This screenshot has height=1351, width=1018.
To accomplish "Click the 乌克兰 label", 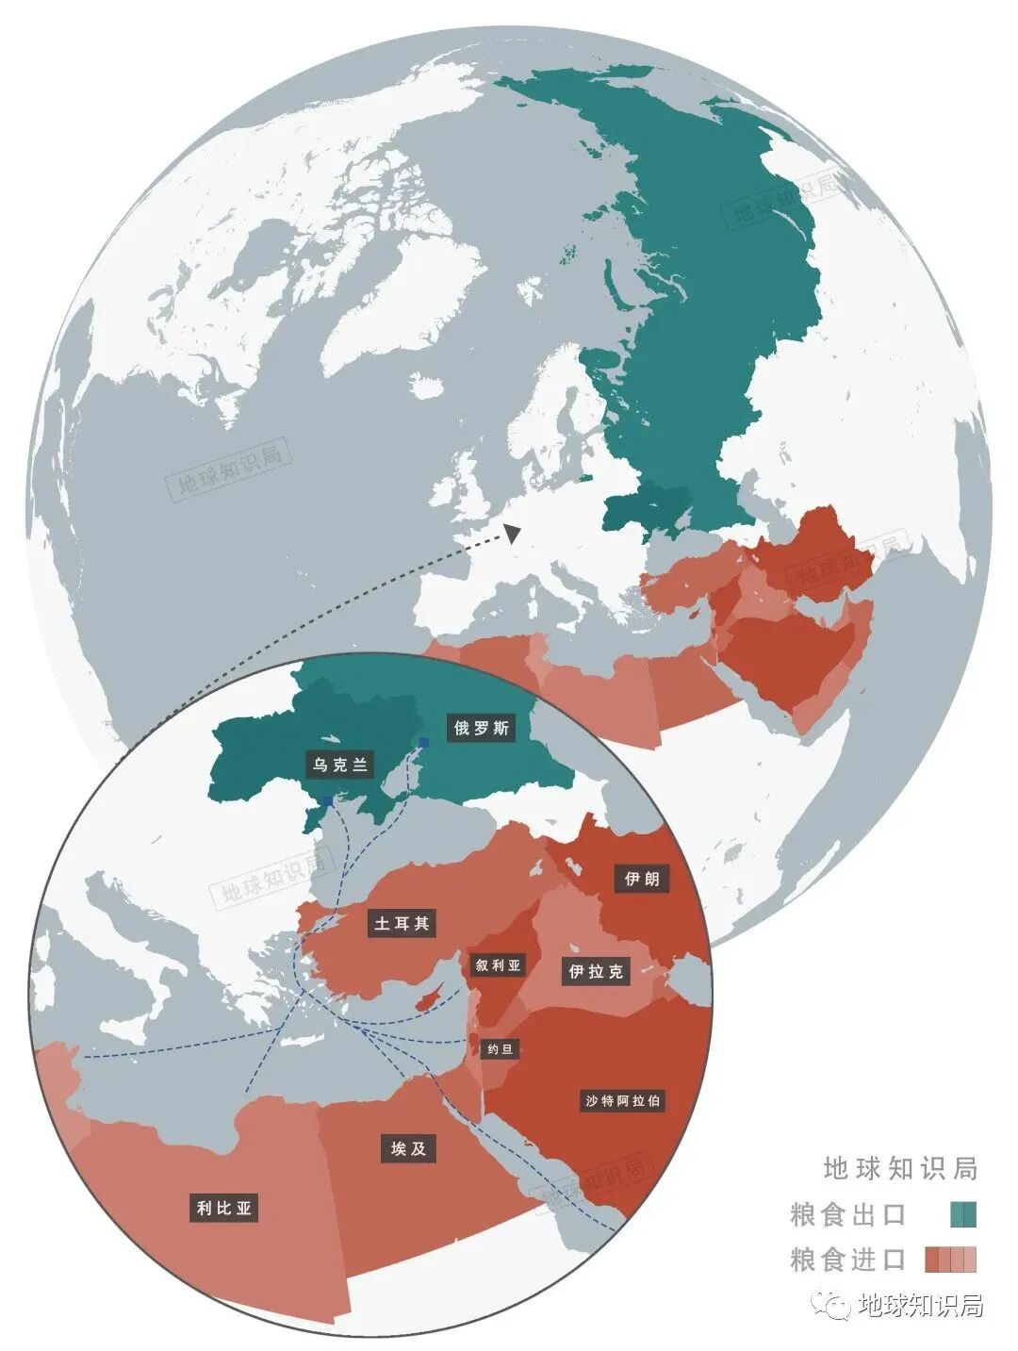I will click(x=340, y=765).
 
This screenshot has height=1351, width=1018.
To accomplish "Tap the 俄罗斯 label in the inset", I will click(x=481, y=728).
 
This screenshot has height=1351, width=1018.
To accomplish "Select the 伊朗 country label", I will click(x=642, y=879).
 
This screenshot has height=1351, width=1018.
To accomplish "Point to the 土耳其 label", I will click(x=402, y=924).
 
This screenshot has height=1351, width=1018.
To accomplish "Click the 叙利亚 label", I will click(x=498, y=965).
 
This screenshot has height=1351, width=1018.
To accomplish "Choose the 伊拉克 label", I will click(x=596, y=971).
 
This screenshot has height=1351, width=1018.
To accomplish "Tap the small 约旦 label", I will click(x=499, y=1049).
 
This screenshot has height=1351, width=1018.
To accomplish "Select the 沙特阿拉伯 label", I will click(x=623, y=1100).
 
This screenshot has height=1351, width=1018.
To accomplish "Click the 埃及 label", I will click(x=408, y=1148).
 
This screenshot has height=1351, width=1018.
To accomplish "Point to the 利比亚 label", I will click(x=224, y=1208).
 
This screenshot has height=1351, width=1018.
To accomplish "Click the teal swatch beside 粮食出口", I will click(x=963, y=1214).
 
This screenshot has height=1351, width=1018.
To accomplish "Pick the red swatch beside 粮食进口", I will click(x=950, y=1260).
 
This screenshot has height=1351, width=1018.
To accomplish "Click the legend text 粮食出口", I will click(x=847, y=1214).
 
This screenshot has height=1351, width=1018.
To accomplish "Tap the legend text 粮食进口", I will click(x=847, y=1260).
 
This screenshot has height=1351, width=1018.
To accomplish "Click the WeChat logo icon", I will click(x=834, y=1305).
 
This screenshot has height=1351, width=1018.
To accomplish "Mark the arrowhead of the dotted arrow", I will click(x=512, y=534).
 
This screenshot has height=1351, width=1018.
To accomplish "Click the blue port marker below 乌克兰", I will click(x=327, y=800).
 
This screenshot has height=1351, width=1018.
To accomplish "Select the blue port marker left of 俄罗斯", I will click(x=424, y=743).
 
